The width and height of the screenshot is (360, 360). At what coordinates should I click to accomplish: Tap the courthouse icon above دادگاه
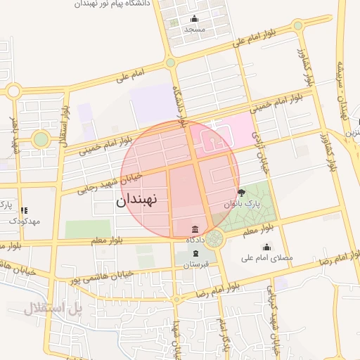(195, 229)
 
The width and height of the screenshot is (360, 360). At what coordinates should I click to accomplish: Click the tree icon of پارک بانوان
(242, 193)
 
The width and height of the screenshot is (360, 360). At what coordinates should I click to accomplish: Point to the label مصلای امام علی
(266, 258)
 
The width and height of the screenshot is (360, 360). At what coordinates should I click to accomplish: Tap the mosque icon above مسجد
(194, 19)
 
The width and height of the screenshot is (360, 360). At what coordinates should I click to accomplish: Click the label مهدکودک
(25, 221)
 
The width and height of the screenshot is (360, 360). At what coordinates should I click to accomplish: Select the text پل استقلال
(53, 307)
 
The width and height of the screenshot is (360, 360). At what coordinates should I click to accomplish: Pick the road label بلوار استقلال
(65, 125)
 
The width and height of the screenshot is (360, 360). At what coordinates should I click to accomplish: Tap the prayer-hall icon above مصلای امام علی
(266, 247)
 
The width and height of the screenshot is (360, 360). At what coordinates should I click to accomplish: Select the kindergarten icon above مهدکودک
(25, 210)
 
